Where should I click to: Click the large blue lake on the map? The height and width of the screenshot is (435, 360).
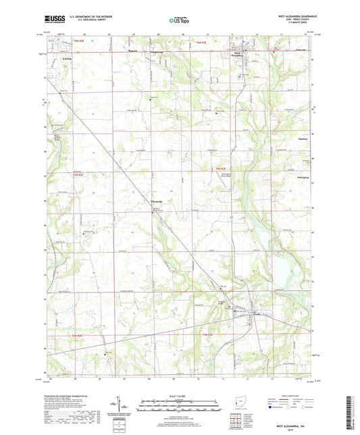[278, 274]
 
